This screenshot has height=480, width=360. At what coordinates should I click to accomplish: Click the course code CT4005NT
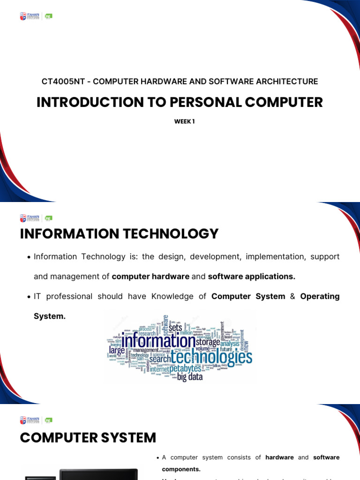(x=65, y=82)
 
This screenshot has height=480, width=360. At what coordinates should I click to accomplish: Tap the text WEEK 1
(x=184, y=121)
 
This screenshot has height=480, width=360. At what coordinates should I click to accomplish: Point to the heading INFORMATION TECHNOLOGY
(x=119, y=233)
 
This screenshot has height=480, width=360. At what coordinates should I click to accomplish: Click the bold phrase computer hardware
(x=150, y=277)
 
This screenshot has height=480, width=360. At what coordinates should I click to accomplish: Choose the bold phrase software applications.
(x=252, y=277)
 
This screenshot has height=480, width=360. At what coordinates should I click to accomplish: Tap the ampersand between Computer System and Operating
(x=292, y=296)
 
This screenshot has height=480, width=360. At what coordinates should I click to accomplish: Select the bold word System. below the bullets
(x=50, y=316)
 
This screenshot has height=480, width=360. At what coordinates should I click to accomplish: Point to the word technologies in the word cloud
(x=211, y=358)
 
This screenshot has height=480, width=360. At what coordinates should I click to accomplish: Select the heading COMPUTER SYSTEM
(x=88, y=437)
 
